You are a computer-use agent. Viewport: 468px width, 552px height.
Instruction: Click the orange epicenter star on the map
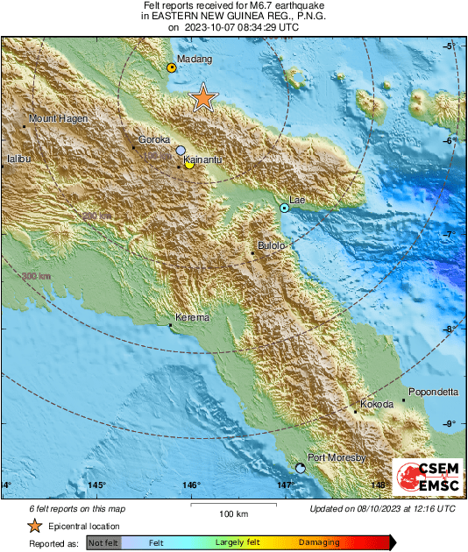[x=203, y=98]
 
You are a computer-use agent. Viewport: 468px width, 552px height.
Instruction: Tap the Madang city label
[x=195, y=60]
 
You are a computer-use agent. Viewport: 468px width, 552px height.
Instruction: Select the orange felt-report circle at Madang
[x=172, y=67]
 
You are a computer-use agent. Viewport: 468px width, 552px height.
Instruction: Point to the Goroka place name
[x=154, y=139]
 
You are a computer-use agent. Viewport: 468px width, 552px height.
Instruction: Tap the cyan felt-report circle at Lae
[x=284, y=208]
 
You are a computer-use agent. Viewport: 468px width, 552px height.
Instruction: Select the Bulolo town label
[x=272, y=246]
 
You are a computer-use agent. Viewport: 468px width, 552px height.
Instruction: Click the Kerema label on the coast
[x=192, y=318]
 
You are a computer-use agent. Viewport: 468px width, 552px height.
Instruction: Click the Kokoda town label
[x=377, y=404]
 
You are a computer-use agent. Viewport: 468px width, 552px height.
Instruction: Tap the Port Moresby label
[x=336, y=457]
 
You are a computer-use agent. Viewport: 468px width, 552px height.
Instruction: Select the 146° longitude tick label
[x=192, y=485]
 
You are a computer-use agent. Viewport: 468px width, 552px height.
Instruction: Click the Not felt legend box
[x=103, y=543]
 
